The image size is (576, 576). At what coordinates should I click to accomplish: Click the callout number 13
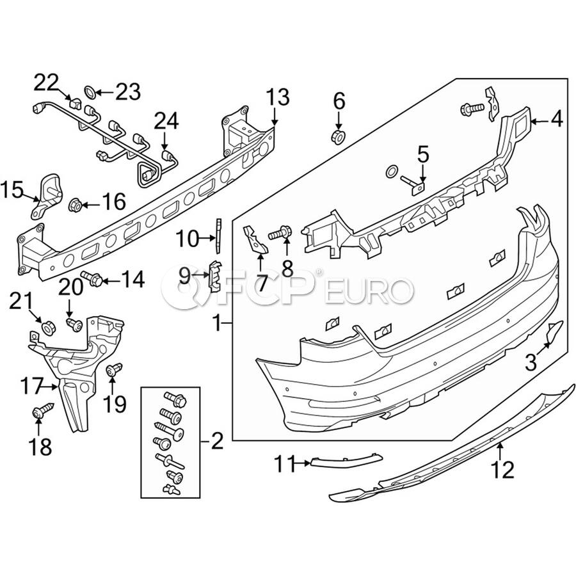tap(278, 97)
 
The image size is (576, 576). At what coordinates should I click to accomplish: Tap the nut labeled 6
tap(338, 137)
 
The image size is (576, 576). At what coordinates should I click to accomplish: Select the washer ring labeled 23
tap(90, 92)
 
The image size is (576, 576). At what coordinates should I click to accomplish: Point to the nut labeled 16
tap(76, 205)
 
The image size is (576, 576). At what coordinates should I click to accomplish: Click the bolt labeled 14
tap(92, 280)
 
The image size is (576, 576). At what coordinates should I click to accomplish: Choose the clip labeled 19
tap(114, 369)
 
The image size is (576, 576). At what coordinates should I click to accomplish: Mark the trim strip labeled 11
tap(346, 460)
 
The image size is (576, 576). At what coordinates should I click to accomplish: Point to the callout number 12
tap(503, 470)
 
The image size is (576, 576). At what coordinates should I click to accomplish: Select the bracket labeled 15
tap(46, 196)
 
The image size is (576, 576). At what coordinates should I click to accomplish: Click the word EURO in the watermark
tap(369, 291)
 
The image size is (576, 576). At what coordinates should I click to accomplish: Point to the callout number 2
tap(217, 441)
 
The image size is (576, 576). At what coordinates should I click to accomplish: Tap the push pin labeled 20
tap(75, 324)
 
